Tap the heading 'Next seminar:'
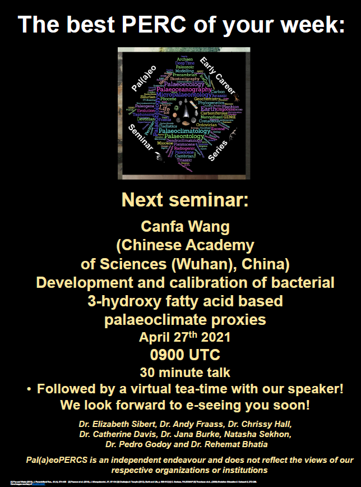(180, 200)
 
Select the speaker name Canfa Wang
(180, 228)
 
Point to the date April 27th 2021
(180, 338)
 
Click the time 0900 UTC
(180, 355)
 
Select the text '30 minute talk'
(180, 371)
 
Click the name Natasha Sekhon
(258, 434)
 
